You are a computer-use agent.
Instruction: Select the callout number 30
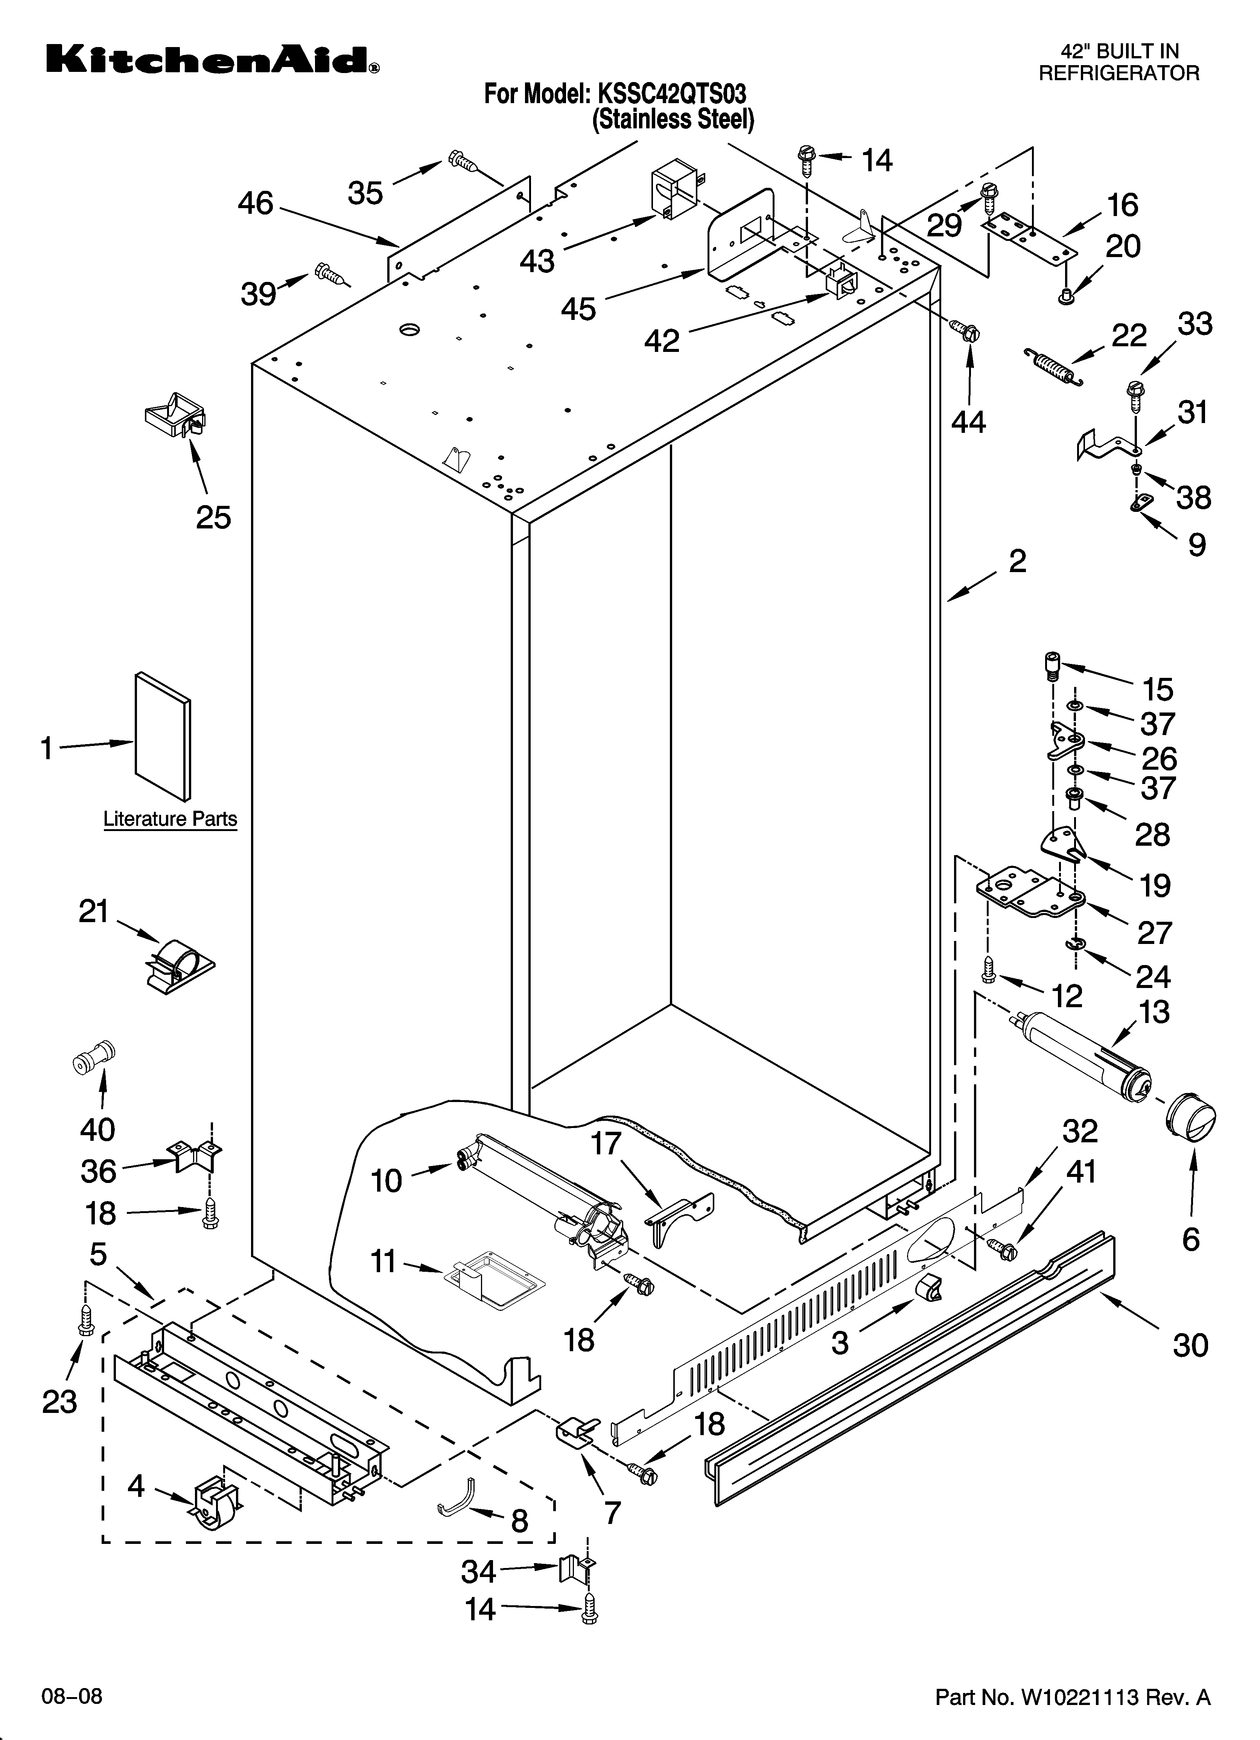click(1190, 1345)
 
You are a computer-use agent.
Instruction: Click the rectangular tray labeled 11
click(493, 1277)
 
